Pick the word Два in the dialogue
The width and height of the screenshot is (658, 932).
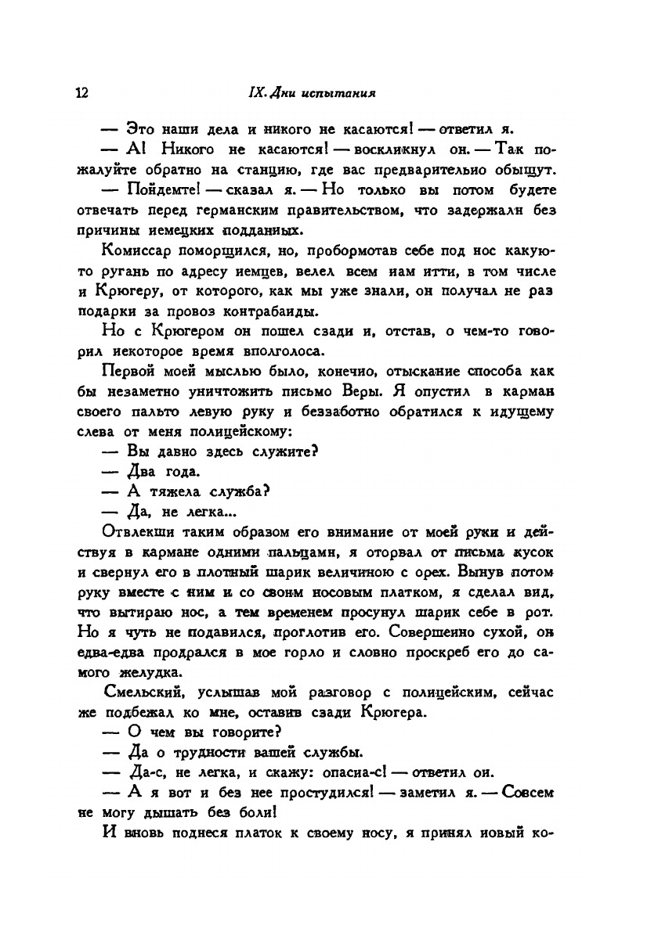(140, 473)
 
